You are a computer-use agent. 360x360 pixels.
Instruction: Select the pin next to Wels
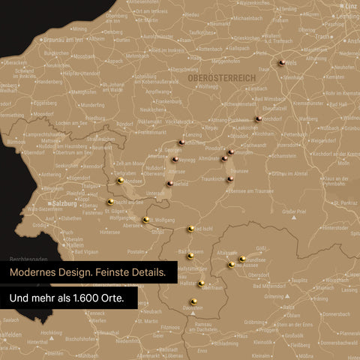click(280, 64)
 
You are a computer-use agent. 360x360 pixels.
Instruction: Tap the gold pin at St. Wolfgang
click(146, 220)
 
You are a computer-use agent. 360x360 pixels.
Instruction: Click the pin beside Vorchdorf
click(258, 118)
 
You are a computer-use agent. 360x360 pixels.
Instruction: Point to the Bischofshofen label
click(81, 338)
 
